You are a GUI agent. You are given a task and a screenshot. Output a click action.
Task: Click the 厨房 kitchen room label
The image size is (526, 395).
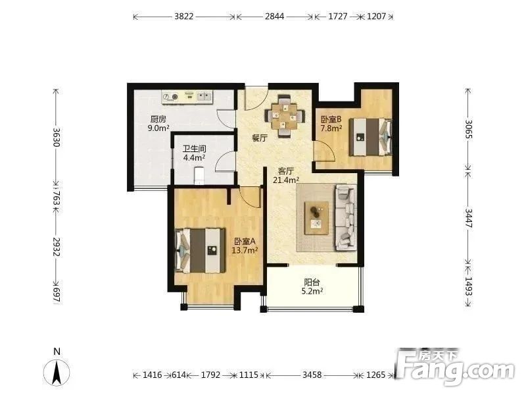pos(158,119)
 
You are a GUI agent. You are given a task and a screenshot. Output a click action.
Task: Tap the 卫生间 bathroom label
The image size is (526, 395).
pos(195,149)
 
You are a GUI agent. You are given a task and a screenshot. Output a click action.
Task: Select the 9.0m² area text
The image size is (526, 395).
pos(158,128)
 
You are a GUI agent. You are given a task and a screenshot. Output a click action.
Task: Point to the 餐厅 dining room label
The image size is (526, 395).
pos(260,138)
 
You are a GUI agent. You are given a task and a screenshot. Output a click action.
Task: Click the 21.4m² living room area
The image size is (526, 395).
pos(286,180)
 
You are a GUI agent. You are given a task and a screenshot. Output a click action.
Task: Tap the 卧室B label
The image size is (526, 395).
pos(331,119)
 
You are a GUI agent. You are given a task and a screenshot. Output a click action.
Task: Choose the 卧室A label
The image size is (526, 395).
pos(245,241)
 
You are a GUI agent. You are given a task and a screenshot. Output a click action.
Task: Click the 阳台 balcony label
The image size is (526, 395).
pos(312,282)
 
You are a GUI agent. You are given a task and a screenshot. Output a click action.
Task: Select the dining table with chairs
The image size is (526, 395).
pos(285,117)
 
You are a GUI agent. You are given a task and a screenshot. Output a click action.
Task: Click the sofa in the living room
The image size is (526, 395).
pos(345,218)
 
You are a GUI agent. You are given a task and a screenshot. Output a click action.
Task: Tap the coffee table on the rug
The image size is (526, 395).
pos(316,218)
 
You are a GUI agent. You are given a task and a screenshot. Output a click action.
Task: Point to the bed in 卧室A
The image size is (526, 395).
pos(201,251)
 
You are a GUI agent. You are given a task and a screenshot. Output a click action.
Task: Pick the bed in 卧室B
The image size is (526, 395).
pos(370,137)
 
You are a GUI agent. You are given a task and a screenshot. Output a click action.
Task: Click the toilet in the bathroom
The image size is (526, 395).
pos(199,176)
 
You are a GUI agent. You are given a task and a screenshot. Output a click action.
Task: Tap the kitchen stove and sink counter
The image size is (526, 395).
pos(187,96)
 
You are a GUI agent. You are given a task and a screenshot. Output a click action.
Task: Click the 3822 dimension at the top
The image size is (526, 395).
pos(184,16)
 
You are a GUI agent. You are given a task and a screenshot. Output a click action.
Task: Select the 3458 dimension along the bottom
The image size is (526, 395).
pos(312,375)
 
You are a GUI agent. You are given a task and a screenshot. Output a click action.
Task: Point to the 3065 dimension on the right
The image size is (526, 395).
pos(468,129)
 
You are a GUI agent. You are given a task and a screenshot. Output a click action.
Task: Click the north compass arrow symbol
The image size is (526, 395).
pos(57,373)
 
